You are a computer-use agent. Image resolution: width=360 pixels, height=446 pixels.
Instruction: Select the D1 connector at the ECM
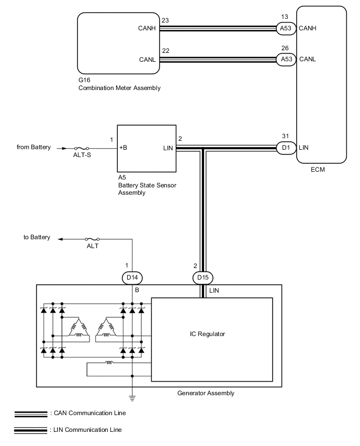click(286, 148)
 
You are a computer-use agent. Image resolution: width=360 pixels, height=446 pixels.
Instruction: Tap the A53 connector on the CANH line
click(286, 28)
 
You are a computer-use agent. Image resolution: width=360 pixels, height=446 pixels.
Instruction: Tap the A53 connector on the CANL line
click(286, 59)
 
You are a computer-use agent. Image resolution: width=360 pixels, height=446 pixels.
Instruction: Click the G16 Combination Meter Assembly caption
click(119, 84)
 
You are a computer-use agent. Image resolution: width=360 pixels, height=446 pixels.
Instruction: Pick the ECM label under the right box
click(321, 169)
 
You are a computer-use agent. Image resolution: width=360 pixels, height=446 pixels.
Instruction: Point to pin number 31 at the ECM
click(286, 136)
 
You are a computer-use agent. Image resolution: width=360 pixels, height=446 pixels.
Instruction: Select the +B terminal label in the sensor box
click(123, 148)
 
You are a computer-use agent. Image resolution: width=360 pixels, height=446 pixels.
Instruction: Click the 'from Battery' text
click(33, 147)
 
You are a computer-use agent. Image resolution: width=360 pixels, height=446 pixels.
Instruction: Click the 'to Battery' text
click(37, 237)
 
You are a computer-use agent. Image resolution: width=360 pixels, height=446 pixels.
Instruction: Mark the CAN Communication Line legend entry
click(87, 413)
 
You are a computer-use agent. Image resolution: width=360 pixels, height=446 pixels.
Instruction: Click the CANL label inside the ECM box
click(308, 59)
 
